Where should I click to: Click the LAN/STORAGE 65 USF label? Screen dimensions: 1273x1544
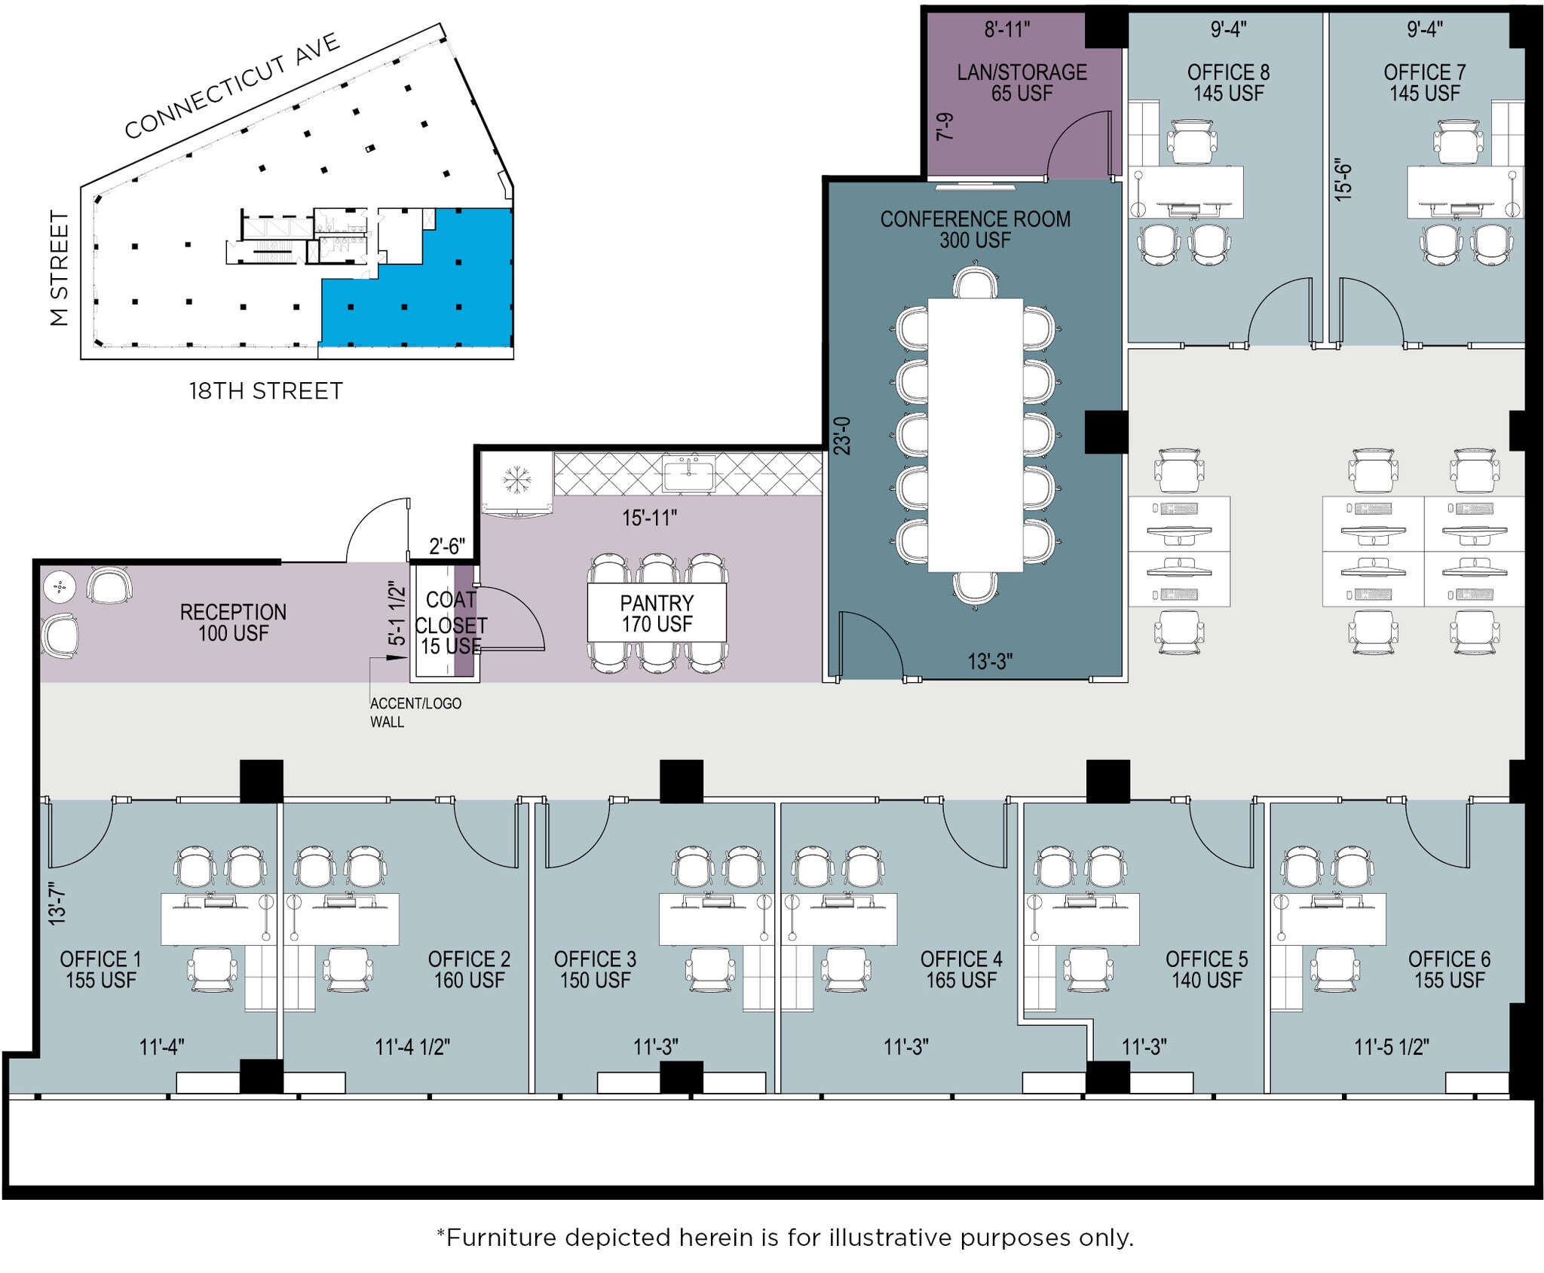(1022, 83)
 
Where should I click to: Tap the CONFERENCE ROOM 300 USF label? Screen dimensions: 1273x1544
(975, 229)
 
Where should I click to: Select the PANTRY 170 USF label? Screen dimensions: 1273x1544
(657, 613)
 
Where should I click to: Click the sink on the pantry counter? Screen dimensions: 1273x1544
(688, 475)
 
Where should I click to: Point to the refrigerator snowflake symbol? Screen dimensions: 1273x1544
(516, 479)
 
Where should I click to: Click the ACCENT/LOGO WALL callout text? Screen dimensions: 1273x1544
(415, 712)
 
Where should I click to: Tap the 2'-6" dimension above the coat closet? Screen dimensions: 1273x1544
(446, 546)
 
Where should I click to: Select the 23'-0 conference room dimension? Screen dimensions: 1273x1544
(842, 436)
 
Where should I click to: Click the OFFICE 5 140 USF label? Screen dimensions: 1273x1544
(1206, 969)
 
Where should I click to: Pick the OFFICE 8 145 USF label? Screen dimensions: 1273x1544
(1228, 83)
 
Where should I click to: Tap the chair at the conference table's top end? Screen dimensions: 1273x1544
(975, 283)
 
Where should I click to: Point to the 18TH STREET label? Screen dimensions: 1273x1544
(265, 391)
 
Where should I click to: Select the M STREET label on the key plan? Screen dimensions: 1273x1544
(60, 268)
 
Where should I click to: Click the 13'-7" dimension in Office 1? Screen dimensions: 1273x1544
(57, 904)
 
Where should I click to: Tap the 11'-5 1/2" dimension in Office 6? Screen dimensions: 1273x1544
(1391, 1047)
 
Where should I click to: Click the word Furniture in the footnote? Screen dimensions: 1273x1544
(501, 1238)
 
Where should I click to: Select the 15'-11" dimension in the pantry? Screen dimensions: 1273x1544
(649, 518)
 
